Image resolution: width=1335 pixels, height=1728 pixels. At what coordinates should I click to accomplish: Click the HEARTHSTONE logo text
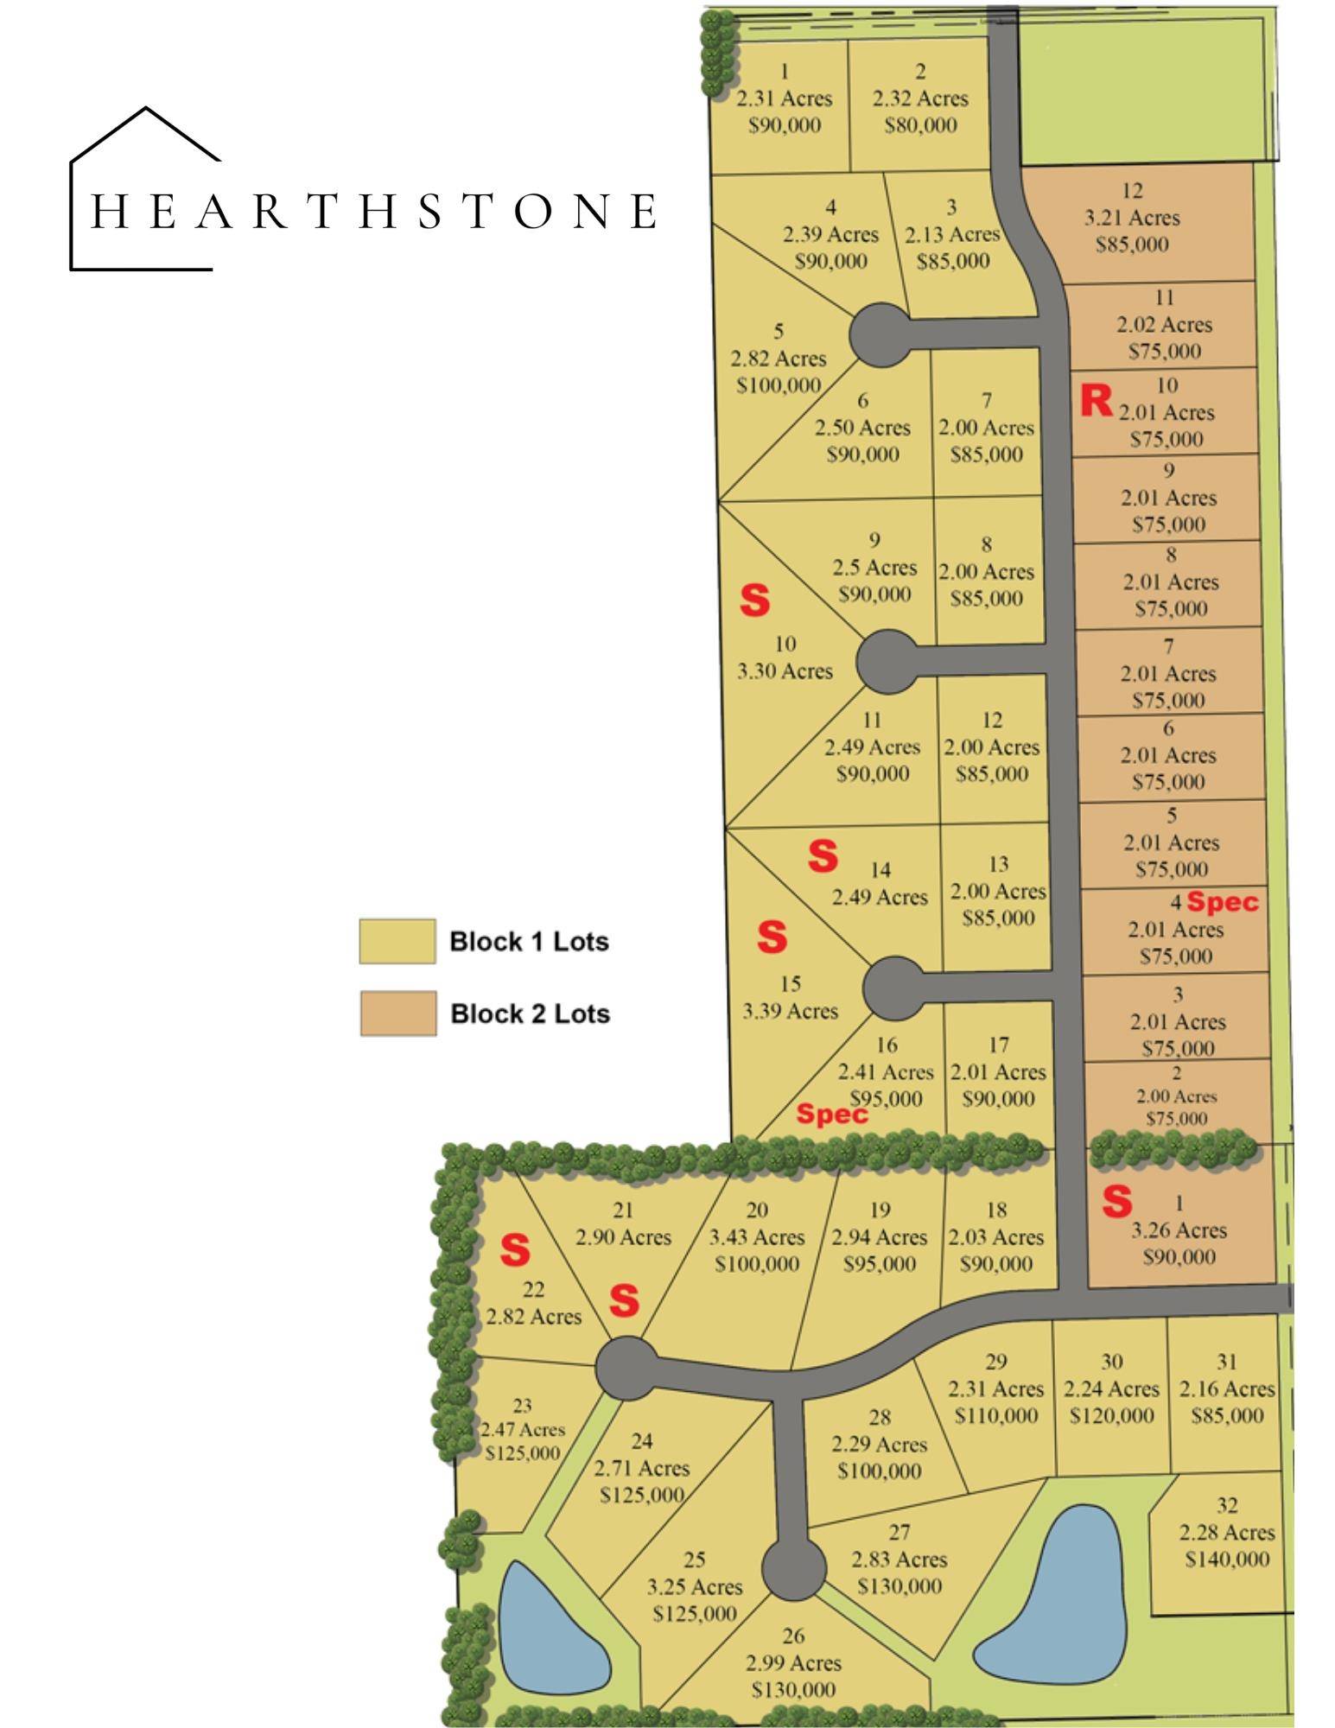coord(373,212)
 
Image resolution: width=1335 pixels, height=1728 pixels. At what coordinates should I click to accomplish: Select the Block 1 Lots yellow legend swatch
coord(397,941)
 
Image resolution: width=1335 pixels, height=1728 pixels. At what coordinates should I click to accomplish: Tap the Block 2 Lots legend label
coord(530,1013)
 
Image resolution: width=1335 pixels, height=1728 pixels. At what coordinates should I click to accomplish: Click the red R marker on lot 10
coord(1096,401)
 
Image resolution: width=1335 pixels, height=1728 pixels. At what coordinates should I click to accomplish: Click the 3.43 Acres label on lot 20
coord(756,1237)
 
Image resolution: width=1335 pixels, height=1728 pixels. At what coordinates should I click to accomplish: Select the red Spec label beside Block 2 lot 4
coord(1222,902)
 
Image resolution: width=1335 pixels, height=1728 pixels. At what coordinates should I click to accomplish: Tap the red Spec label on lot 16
coord(831,1114)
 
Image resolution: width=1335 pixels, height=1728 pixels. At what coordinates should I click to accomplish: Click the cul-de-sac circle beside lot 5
coord(880,335)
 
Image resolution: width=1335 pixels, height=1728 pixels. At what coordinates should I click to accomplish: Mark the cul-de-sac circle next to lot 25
coord(793,1570)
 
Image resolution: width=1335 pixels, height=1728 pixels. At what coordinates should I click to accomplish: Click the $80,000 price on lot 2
coord(920,125)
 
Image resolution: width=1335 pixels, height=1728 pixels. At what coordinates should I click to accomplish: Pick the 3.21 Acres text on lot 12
coord(1131,218)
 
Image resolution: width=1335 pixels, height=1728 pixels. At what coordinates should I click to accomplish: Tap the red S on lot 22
coord(515,1249)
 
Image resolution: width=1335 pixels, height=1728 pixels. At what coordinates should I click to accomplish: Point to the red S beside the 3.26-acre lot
coord(1116,1201)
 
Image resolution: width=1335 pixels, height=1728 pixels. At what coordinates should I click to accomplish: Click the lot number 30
coord(1111,1363)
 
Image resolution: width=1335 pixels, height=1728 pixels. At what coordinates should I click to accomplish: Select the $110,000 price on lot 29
coord(995,1416)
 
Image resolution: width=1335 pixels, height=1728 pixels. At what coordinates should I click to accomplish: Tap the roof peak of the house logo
coord(146,109)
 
